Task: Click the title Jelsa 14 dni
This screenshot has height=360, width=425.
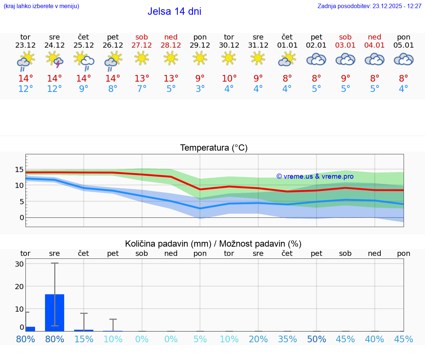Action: click(x=174, y=11)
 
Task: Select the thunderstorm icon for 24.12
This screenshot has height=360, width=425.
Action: click(x=55, y=59)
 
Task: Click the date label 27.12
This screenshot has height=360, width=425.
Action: click(x=142, y=45)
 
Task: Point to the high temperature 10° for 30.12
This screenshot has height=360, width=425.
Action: click(x=229, y=78)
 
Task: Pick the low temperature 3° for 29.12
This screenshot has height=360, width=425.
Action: click(x=200, y=89)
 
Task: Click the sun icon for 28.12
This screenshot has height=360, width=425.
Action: click(x=171, y=58)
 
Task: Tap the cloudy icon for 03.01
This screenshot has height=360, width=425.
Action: click(x=345, y=59)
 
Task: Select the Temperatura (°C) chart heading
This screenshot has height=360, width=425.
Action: click(x=214, y=148)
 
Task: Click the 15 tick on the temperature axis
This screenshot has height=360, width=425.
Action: click(x=19, y=169)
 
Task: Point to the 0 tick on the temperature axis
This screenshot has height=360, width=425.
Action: click(x=22, y=217)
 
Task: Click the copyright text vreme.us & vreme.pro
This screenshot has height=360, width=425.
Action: click(x=315, y=176)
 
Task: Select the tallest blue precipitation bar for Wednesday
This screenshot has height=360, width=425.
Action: click(x=55, y=312)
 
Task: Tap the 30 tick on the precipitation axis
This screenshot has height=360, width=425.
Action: click(x=20, y=264)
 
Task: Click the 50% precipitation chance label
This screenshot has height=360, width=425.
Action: click(x=317, y=339)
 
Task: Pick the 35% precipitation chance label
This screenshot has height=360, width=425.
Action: click(x=287, y=339)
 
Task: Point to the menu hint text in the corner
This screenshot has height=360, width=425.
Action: click(x=41, y=6)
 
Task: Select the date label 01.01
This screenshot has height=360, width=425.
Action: click(x=287, y=45)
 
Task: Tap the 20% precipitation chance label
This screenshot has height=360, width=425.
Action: click(x=258, y=339)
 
